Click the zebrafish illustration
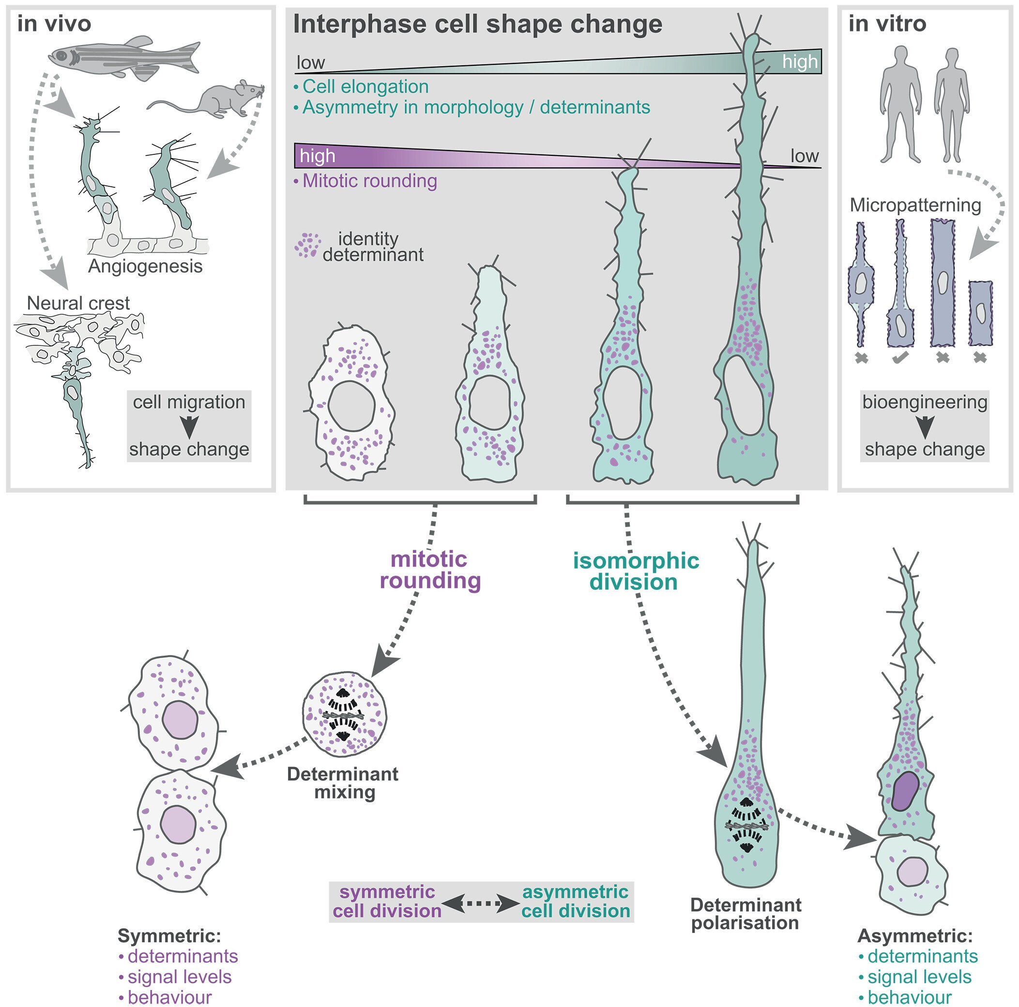[x=124, y=57]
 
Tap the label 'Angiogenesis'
[x=145, y=266]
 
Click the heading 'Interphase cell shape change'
[x=477, y=24]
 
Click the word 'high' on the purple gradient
[x=318, y=156]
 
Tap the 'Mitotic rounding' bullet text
[x=369, y=181]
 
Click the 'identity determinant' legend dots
[x=308, y=245]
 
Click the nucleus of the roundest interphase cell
[x=351, y=406]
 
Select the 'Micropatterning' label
[x=915, y=205]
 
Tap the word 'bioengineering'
[x=925, y=402]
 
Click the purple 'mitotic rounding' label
[x=430, y=570]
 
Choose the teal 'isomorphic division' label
[x=636, y=571]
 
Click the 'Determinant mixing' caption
[x=343, y=783]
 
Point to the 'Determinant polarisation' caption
[x=746, y=914]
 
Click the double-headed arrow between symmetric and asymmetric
[x=482, y=903]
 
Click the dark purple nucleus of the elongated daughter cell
[x=905, y=791]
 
